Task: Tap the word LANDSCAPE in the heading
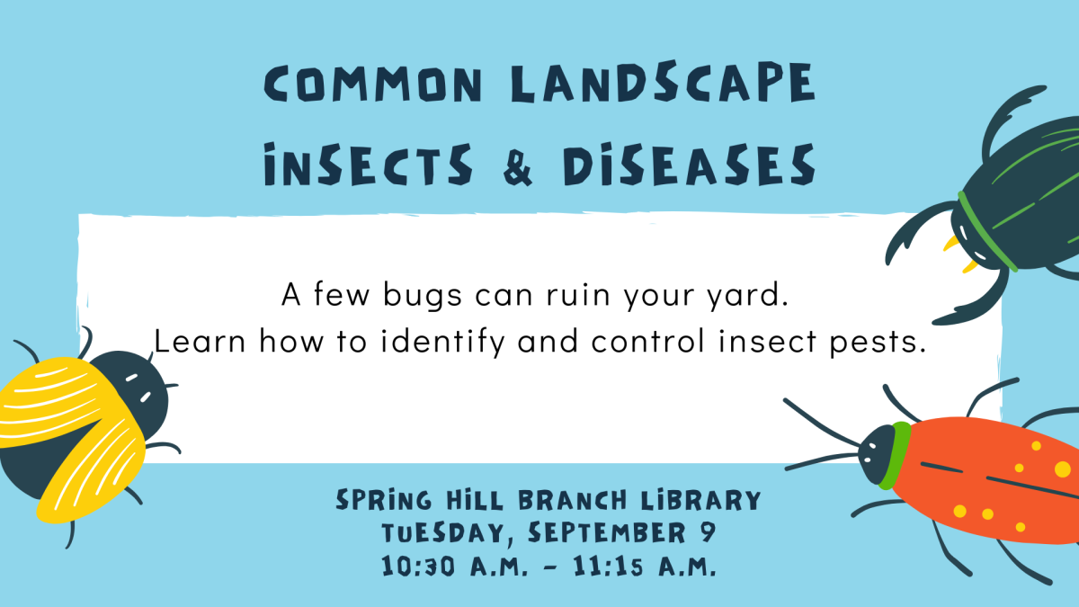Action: coord(662,86)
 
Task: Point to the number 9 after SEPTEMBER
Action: coord(707,532)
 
